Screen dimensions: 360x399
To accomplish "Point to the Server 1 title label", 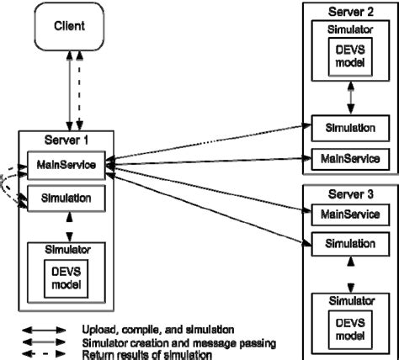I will (68, 138).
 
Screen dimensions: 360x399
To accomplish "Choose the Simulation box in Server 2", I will (348, 128).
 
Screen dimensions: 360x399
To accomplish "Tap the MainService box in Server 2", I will (348, 156).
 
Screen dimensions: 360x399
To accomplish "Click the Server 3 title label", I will (348, 194).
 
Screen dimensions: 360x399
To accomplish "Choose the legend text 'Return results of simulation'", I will (148, 354).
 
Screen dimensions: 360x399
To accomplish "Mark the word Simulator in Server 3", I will (348, 301).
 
